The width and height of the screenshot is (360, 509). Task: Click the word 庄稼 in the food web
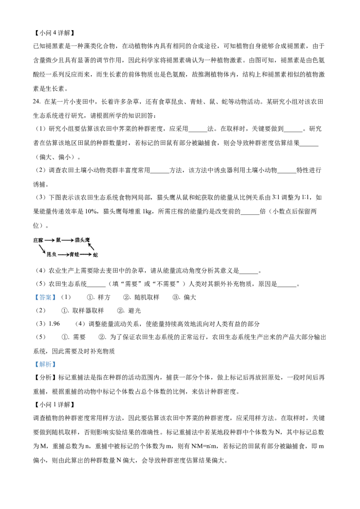[x=38, y=241]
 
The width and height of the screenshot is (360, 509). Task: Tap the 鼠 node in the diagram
[x=58, y=240]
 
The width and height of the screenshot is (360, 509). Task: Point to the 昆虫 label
[x=51, y=254]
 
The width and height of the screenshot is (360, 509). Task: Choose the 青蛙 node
[x=74, y=254]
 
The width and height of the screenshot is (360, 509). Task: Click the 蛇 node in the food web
[x=95, y=255]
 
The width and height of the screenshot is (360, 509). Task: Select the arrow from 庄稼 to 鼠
[x=49, y=241]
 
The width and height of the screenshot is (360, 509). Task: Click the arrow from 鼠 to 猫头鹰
[x=67, y=241]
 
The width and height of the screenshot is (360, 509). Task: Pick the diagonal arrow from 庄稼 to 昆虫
[x=42, y=248]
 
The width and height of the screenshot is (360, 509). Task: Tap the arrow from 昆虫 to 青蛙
[x=63, y=255]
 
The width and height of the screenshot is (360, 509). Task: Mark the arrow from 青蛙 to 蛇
[x=85, y=255]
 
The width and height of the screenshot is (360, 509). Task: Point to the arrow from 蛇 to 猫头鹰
[x=91, y=247]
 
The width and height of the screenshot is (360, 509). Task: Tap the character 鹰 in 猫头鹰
[x=88, y=240]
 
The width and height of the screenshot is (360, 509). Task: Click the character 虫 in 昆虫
[x=54, y=254]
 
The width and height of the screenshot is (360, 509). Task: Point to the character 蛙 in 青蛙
[x=77, y=254]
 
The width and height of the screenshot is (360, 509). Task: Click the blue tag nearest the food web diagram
[x=45, y=297]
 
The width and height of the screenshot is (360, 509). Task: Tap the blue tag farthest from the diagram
[x=45, y=365]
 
